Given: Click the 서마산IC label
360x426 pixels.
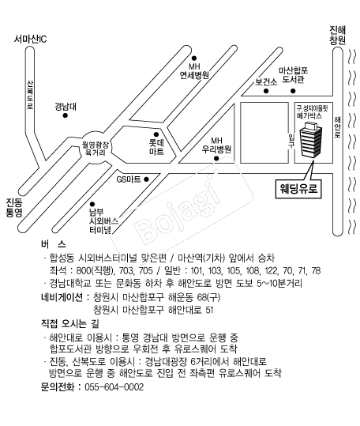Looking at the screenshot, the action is [30, 40].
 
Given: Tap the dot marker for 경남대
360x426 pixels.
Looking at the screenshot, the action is [65, 115].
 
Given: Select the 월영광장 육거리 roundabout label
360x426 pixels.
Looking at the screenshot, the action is [96, 149].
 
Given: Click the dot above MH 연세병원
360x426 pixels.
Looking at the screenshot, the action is [194, 58].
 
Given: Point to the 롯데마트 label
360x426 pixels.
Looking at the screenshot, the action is [156, 147].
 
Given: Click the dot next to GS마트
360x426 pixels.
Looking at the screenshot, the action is [146, 179].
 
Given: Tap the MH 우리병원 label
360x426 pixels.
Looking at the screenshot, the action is [216, 145].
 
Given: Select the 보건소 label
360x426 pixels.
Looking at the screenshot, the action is [266, 81].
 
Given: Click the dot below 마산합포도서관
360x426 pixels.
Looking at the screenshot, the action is [293, 91].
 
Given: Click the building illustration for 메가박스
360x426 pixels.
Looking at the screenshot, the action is [310, 140].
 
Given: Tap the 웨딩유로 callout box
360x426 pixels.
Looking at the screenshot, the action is [298, 189].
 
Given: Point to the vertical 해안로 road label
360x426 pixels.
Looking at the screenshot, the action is [337, 127].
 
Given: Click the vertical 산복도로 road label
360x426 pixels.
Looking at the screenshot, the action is [30, 95].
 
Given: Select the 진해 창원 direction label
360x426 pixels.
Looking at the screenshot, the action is [337, 35].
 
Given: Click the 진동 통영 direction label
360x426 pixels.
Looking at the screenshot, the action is [14, 208].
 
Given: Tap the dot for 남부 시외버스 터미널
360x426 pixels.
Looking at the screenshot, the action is [92, 204].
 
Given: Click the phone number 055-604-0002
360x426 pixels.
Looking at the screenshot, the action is [114, 387].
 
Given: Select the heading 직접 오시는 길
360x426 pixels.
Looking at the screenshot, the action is [69, 323].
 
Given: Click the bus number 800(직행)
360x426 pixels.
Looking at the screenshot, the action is [94, 270].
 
